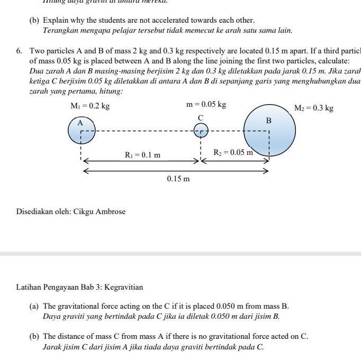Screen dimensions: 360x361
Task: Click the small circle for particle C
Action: coord(201,130)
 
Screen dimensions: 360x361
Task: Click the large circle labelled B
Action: coord(269,130)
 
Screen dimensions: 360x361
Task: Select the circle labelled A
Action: coord(82,130)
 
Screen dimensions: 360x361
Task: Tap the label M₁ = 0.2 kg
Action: coord(90,106)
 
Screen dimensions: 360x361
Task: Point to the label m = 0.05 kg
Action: coord(206,105)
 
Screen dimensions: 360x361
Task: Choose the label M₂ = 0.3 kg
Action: coord(314,108)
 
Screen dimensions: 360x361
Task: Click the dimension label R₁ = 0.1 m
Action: coord(142,155)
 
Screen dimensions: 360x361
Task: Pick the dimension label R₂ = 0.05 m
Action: coord(232,153)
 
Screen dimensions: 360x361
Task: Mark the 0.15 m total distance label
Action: coord(178,179)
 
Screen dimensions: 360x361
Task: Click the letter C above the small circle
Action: coord(201,117)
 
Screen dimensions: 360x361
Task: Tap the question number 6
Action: coord(19,51)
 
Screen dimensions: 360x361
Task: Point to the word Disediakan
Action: coord(34,212)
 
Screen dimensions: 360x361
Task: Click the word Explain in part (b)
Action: coord(56,20)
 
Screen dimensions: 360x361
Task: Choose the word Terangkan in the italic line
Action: coord(60,30)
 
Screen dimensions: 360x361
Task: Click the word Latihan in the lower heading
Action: coord(29,288)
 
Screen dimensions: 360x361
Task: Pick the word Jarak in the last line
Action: coord(53,347)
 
